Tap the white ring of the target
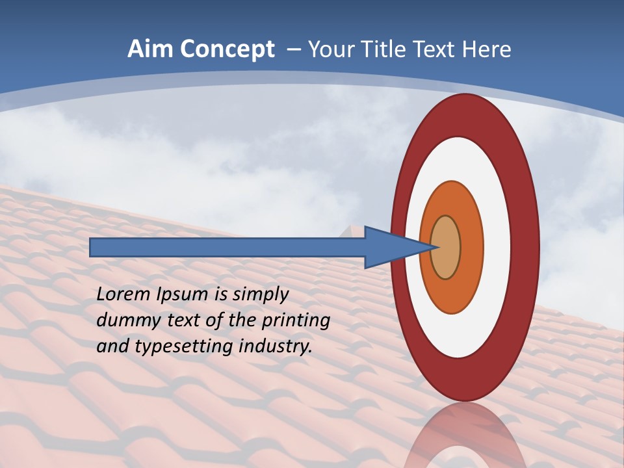click(497, 247)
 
